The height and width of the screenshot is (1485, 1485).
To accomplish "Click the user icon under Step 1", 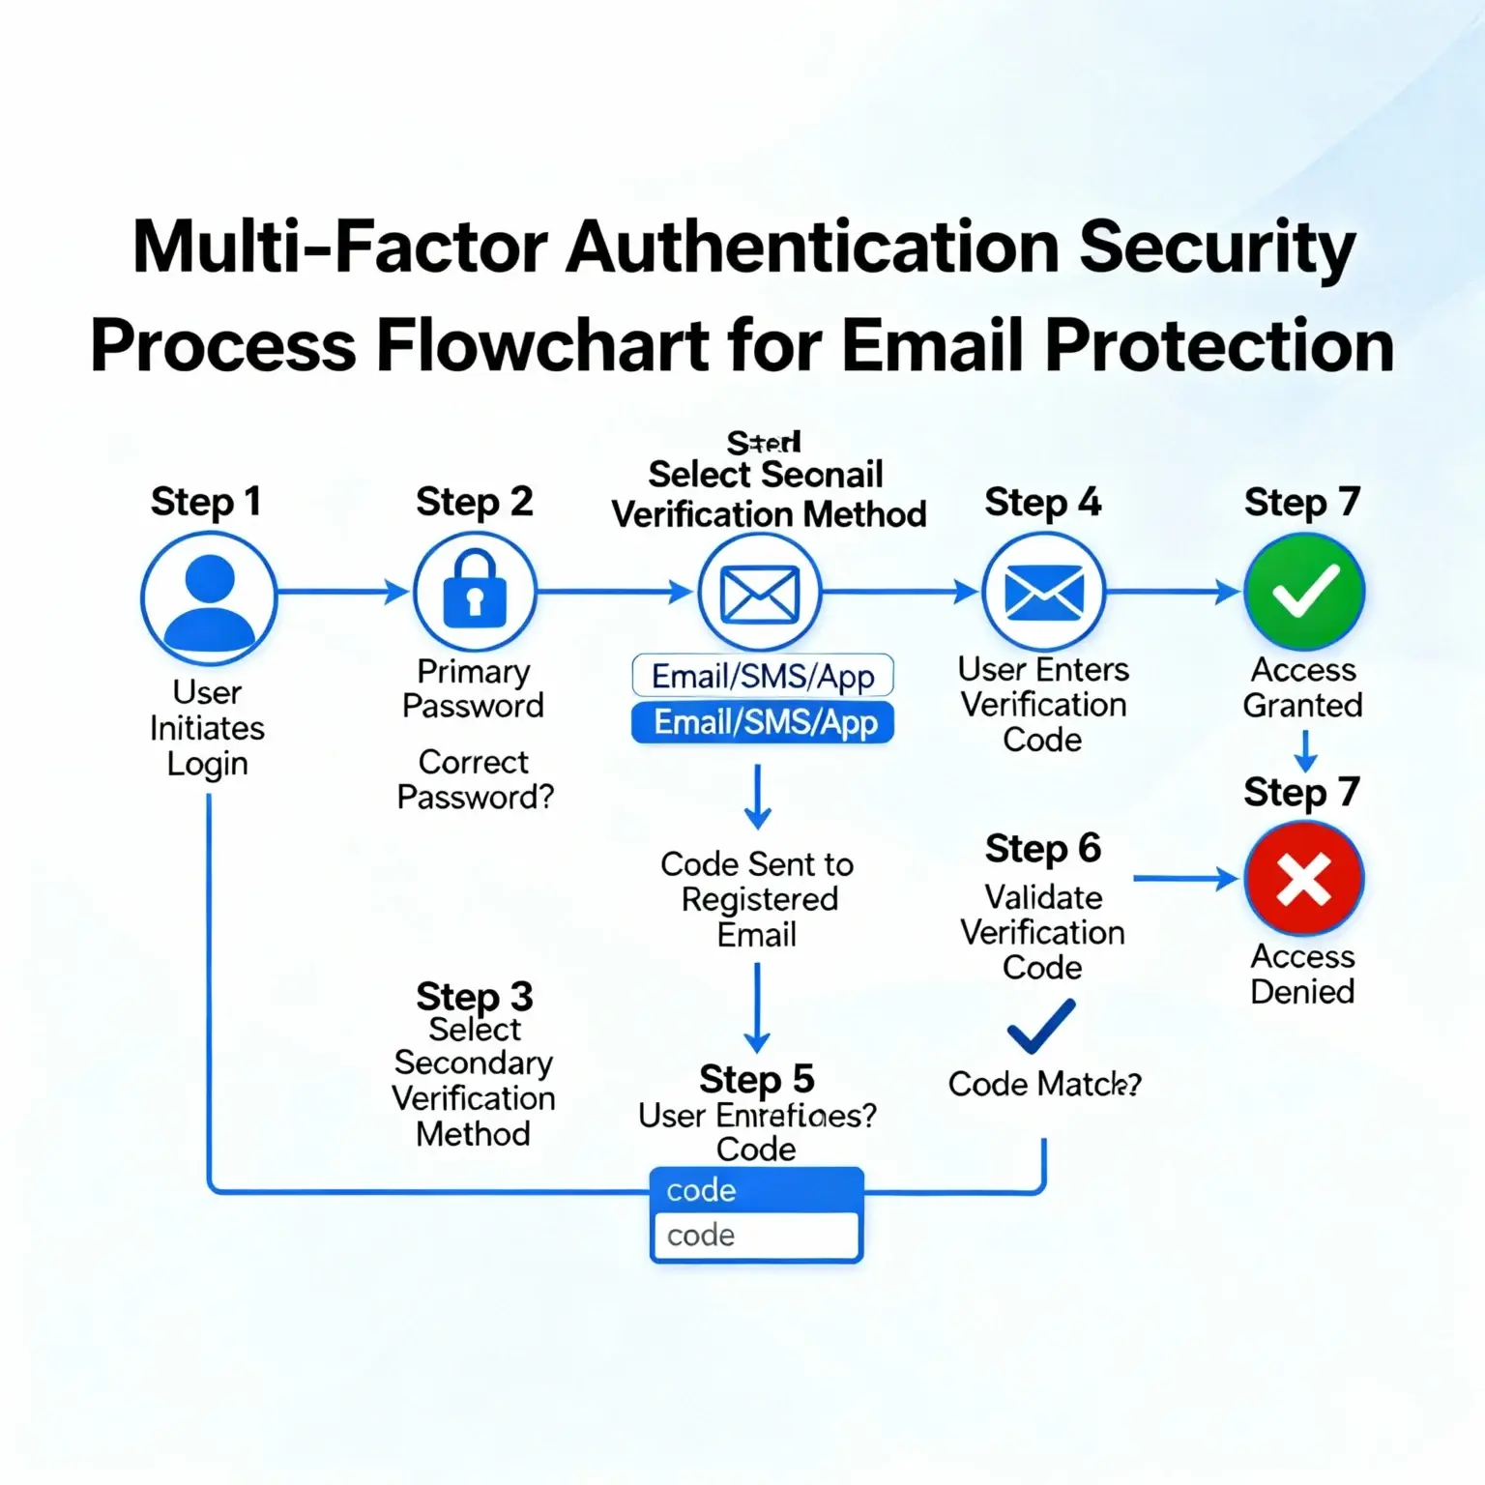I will [x=209, y=597].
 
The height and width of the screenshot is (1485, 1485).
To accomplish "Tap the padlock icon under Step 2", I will [x=474, y=592].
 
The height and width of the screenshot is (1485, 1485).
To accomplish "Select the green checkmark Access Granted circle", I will [x=1303, y=592].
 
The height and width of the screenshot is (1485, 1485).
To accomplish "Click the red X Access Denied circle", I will [x=1303, y=879].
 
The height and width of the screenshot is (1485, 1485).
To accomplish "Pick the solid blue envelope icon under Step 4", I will [x=1043, y=592].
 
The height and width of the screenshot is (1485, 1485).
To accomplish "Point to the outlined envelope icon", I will [x=760, y=594].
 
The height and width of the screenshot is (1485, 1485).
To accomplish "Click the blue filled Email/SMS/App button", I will [x=763, y=722].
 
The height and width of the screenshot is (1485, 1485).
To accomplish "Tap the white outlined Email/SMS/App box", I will [x=763, y=676].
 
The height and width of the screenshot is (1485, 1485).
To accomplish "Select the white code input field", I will [x=756, y=1236].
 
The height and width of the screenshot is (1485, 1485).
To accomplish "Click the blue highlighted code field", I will [x=756, y=1190].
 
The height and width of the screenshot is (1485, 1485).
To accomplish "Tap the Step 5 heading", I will [x=756, y=1079].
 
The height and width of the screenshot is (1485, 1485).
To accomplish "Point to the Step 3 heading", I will [x=474, y=996].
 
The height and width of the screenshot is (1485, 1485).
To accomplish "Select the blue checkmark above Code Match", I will [x=1041, y=1026].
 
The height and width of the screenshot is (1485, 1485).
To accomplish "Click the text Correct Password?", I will [x=475, y=779].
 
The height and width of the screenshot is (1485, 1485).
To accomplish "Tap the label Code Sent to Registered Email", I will [x=757, y=899].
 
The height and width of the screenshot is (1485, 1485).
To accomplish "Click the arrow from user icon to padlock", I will [x=343, y=592].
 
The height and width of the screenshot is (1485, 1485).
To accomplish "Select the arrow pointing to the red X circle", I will [x=1185, y=879].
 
